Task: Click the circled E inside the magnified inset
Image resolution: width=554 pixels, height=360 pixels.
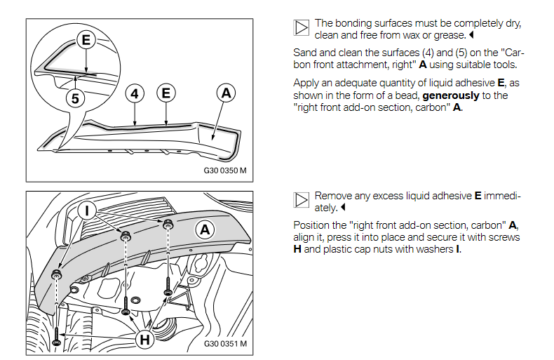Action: coord(86,40)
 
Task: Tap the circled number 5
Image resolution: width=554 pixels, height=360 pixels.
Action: coord(75,98)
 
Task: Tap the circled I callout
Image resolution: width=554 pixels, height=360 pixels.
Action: coord(88,209)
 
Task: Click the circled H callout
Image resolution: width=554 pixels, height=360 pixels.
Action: coord(144,340)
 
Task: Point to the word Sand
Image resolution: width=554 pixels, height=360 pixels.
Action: coord(304,53)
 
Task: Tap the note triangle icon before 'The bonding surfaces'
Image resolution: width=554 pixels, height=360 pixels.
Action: coord(301,27)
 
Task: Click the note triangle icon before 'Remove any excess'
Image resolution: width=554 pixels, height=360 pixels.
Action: coord(301,200)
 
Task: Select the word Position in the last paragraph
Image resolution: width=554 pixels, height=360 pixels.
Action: coord(312,225)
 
